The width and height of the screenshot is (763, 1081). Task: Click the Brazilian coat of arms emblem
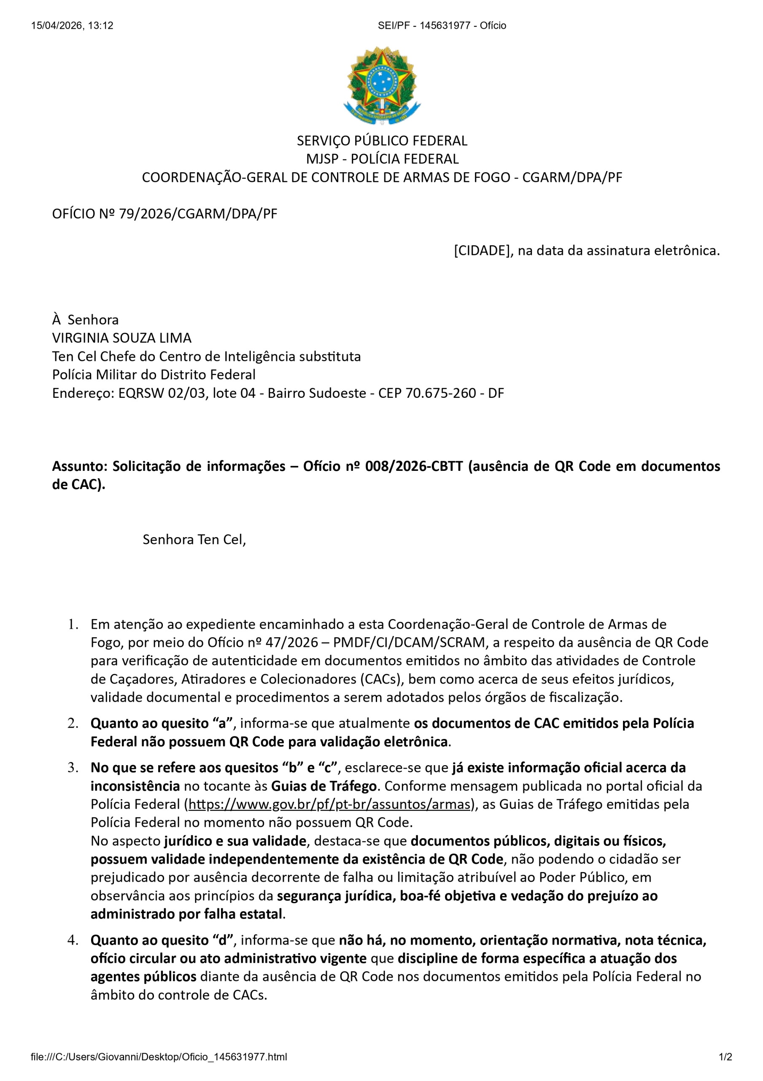[381, 85]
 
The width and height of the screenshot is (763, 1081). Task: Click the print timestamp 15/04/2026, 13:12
[72, 25]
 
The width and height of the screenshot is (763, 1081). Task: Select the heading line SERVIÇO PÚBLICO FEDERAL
[381, 141]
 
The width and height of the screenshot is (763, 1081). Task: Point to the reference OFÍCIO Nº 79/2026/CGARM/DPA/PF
[164, 214]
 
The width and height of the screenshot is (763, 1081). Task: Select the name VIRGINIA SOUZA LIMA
[121, 338]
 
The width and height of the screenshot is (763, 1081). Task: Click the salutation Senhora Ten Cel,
[194, 540]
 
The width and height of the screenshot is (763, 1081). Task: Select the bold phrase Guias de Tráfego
[324, 786]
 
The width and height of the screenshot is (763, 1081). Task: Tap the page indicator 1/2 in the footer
[725, 1057]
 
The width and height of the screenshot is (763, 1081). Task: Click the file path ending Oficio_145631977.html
[159, 1057]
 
